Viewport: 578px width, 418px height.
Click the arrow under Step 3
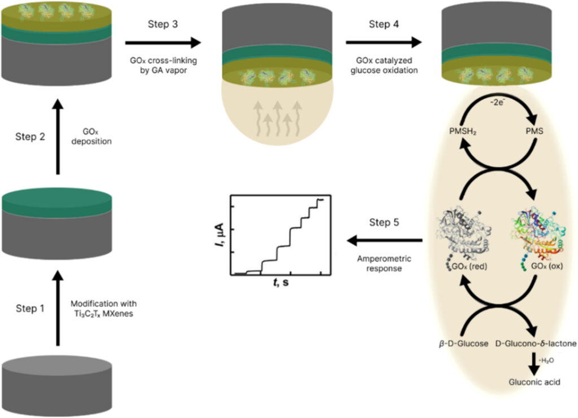pyautogui.click(x=163, y=42)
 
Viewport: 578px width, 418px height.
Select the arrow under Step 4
pyautogui.click(x=384, y=42)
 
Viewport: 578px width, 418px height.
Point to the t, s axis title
pyautogui.click(x=279, y=282)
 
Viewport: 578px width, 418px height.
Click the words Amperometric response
pyautogui.click(x=383, y=263)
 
